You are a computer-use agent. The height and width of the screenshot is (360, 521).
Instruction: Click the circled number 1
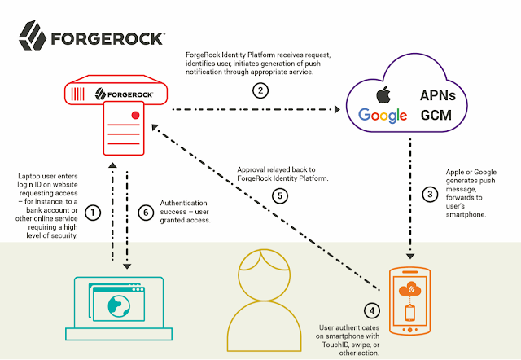93,213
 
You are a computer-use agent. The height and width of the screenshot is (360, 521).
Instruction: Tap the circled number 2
260,90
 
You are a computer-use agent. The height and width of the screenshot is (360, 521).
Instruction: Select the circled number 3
430,194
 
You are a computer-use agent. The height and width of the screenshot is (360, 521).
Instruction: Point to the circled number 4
372,310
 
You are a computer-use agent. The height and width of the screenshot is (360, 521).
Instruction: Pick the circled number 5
280,195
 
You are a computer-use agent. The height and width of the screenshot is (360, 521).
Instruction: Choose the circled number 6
146,213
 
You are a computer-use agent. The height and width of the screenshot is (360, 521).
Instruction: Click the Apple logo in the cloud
383,94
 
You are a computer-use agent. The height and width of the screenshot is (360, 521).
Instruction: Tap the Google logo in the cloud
383,116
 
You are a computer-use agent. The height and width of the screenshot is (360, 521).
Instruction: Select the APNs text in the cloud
438,95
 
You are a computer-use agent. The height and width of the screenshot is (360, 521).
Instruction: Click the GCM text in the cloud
436,116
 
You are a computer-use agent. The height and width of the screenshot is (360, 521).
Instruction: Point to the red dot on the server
135,115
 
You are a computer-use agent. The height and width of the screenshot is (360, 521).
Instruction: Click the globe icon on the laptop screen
119,306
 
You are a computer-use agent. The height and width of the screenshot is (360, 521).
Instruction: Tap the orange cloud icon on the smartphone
409,288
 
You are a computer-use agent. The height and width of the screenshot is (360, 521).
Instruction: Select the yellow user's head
265,274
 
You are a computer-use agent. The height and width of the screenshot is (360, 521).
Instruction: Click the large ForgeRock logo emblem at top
33,36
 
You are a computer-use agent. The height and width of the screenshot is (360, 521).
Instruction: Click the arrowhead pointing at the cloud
337,109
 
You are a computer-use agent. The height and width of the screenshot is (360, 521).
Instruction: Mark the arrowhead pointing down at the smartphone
410,257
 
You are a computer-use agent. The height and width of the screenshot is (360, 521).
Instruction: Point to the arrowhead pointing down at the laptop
127,266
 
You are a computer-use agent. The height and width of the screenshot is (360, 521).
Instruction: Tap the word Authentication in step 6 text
183,203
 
